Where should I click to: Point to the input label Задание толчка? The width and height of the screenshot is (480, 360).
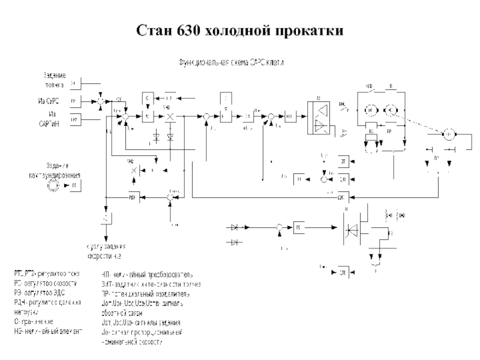coord(54,80)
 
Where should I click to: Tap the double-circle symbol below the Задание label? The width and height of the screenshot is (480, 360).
coord(53,187)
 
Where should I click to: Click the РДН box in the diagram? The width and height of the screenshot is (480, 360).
coord(133,197)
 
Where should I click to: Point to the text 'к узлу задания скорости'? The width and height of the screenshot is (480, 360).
coord(105,251)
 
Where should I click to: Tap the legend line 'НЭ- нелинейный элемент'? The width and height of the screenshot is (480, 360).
coord(48,331)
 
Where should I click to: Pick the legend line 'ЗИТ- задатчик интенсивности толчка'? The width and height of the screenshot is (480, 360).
coord(151,284)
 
